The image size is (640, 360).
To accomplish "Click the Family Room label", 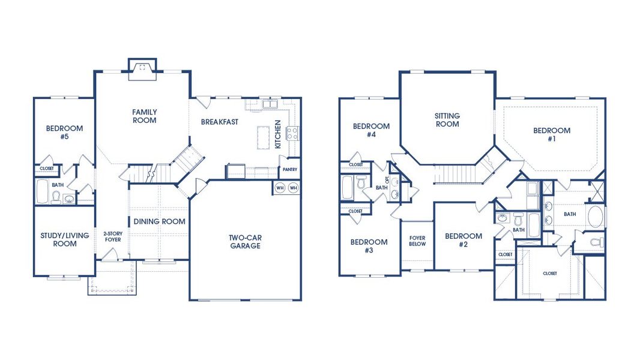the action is (x=145, y=116).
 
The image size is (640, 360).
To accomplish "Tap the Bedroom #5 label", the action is (x=64, y=132).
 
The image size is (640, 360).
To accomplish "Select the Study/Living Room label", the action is (x=64, y=239).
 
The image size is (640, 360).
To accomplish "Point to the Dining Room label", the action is (x=160, y=221).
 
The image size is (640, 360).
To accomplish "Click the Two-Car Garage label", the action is (x=246, y=241).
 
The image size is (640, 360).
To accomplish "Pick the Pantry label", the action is (x=290, y=169).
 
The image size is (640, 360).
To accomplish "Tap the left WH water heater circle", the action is (x=280, y=188).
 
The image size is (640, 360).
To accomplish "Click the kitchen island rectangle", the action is (x=264, y=137).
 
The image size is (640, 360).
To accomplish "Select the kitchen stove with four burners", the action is (x=292, y=133).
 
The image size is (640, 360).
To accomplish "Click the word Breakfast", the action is (x=220, y=121).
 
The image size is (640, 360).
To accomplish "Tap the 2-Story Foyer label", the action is (x=113, y=236).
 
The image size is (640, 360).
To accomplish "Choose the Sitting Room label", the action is (x=447, y=120).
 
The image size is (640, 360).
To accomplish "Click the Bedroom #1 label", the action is (x=552, y=134).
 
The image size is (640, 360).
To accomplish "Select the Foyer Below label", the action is (x=417, y=241).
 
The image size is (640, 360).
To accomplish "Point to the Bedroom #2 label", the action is (x=463, y=240).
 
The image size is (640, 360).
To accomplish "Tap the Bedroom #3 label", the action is (x=369, y=246).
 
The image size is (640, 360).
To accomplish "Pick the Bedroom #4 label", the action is (x=372, y=130).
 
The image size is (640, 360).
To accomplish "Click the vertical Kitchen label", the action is (x=278, y=134).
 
